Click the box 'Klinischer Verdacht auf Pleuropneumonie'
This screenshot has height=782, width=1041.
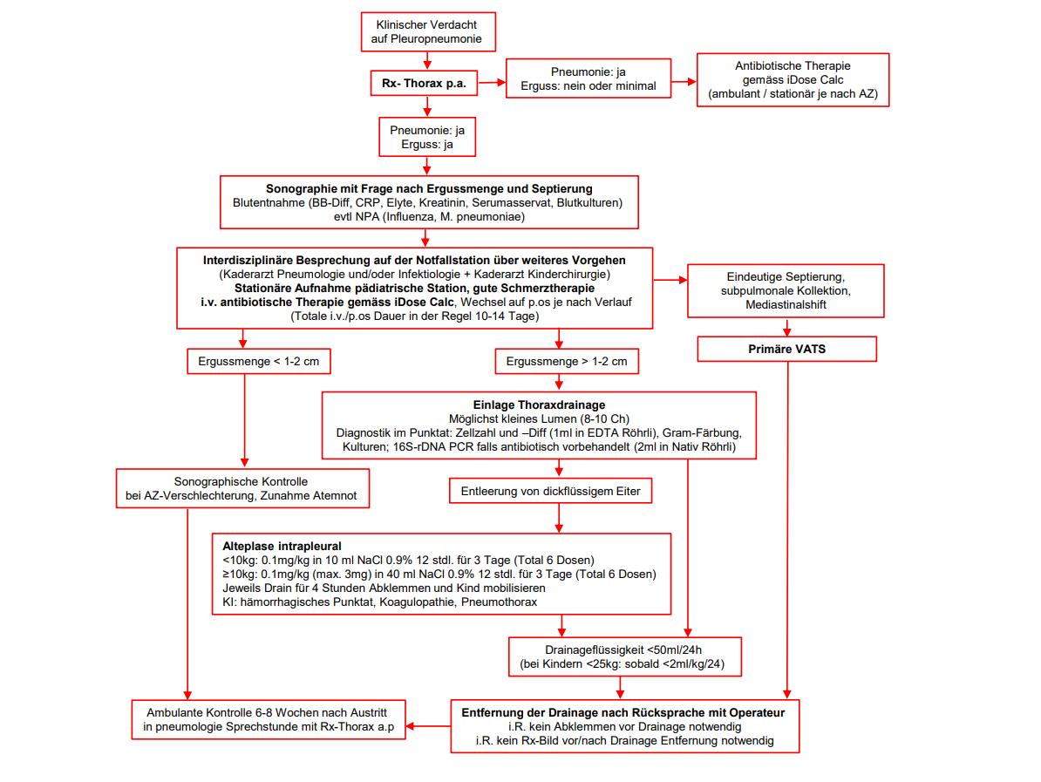427,32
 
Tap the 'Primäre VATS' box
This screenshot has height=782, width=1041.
787,349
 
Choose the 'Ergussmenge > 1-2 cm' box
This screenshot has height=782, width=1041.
567,361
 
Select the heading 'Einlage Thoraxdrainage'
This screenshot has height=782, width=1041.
539,405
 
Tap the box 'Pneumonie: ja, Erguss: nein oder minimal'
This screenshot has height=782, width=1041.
589,79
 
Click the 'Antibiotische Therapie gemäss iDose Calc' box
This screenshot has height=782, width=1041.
793,79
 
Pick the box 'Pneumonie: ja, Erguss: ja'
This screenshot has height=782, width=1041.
427,137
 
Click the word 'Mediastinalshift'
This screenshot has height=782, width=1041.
786,304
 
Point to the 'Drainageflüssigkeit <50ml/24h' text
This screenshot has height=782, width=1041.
624,649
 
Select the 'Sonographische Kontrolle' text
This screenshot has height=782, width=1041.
242,481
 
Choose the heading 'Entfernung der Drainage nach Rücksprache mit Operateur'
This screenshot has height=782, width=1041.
623,712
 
